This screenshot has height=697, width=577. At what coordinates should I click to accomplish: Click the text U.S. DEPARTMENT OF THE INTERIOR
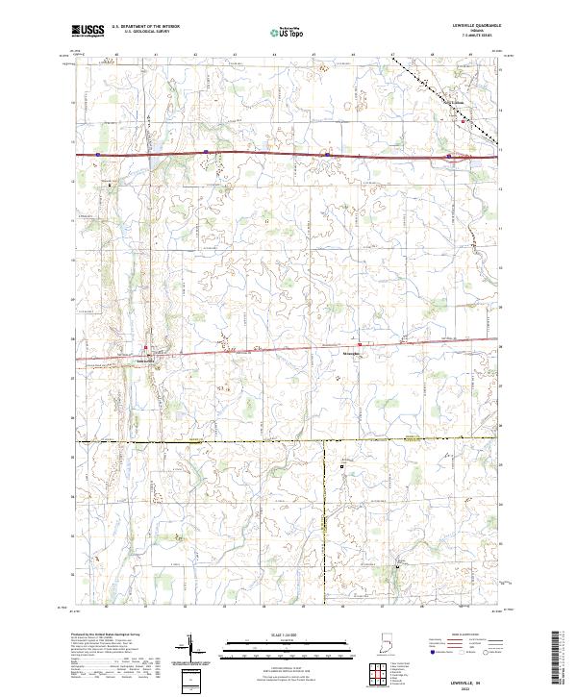pyautogui.click(x=146, y=26)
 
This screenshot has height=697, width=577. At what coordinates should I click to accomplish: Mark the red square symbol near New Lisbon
pyautogui.click(x=463, y=121)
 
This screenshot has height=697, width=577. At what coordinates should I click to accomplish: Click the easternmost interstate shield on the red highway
pyautogui.click(x=448, y=156)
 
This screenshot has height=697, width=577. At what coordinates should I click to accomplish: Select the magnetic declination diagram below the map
pyautogui.click(x=192, y=647)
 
